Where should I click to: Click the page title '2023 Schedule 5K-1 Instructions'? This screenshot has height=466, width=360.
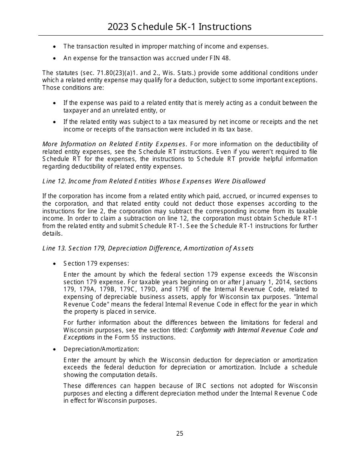[x=180, y=27]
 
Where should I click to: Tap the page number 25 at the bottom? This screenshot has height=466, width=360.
[x=180, y=433]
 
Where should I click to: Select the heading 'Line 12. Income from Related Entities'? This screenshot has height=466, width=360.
[x=154, y=181]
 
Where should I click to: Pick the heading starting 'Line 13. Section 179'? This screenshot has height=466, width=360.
[x=148, y=248]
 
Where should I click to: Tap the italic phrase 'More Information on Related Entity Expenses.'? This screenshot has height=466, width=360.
[x=115, y=144]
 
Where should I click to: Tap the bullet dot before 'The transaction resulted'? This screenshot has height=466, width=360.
[x=55, y=47]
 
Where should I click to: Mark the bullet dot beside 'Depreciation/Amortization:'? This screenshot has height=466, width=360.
[x=55, y=349]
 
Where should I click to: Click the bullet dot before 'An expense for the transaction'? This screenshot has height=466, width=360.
[x=55, y=58]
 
